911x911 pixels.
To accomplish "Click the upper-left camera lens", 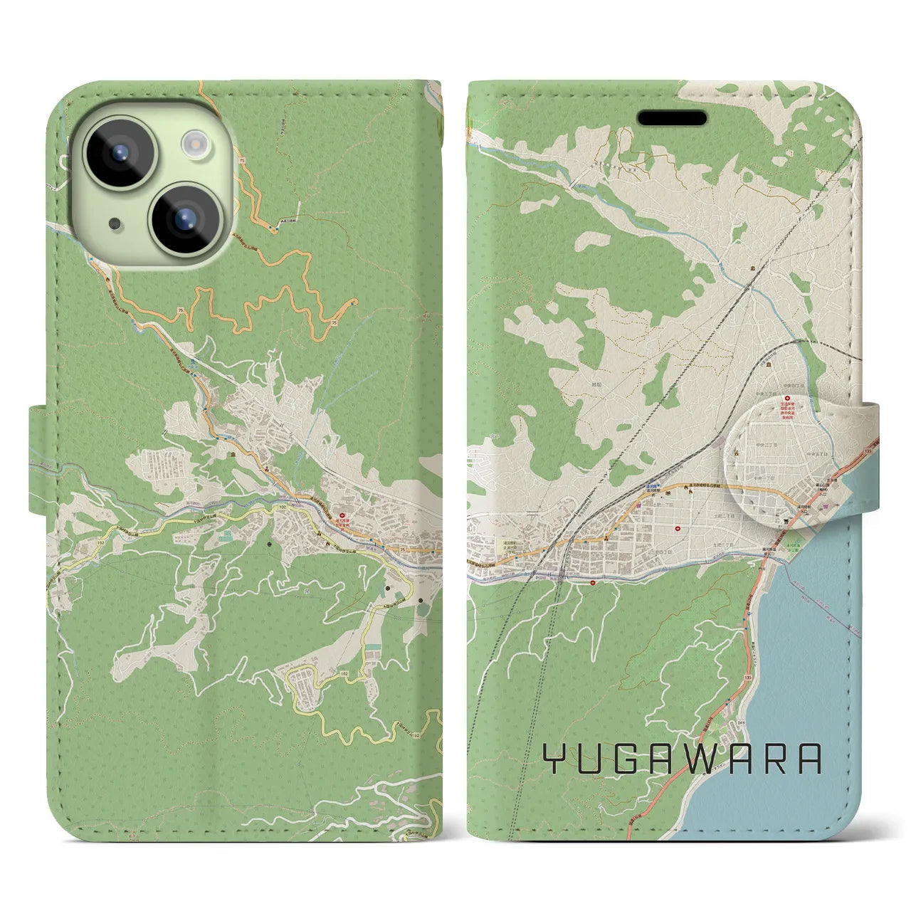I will pos(117,150).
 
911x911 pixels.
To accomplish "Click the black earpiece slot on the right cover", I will pos(671,117).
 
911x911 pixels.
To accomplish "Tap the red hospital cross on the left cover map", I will pos(342,512).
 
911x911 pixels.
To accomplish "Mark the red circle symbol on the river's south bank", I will pos(594,581).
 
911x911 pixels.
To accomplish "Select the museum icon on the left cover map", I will pos(232,453).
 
